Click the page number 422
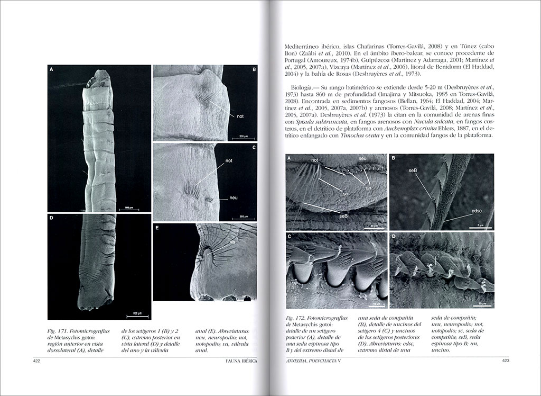click(36, 362)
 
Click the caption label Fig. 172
click(297, 320)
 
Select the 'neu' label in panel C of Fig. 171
click(233, 197)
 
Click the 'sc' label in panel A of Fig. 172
click(346, 194)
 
